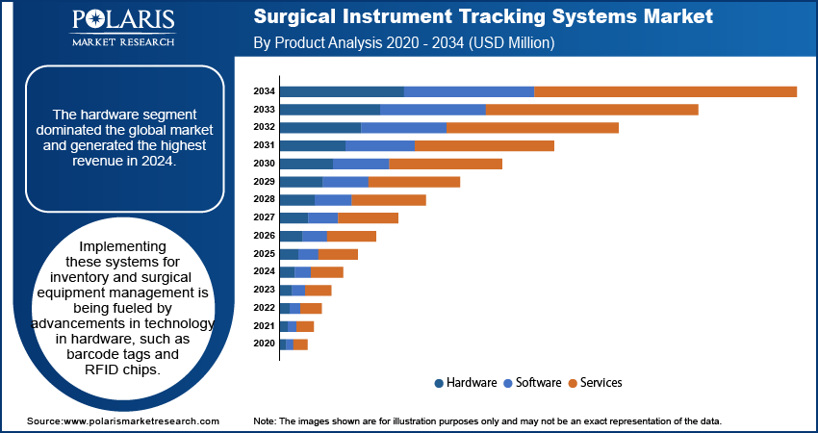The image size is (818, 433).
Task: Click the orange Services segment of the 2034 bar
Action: point(665,91)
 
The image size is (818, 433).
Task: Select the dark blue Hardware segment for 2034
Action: point(342,91)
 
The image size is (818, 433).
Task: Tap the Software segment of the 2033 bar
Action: point(433,110)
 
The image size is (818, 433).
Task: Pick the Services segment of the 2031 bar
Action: point(484,145)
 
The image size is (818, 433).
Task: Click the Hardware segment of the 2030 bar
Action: point(306,164)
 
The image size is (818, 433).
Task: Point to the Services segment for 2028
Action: point(389,199)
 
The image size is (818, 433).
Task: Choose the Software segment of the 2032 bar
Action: point(403,128)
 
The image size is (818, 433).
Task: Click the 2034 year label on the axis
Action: point(265,91)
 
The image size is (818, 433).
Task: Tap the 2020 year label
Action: point(265,344)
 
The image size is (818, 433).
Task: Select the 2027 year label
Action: point(265,217)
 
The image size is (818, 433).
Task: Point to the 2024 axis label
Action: point(265,271)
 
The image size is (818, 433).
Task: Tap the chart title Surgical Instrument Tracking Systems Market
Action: point(483,16)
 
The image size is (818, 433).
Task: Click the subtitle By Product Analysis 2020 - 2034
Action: point(403,43)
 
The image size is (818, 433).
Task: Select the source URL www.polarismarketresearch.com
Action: point(141,421)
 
